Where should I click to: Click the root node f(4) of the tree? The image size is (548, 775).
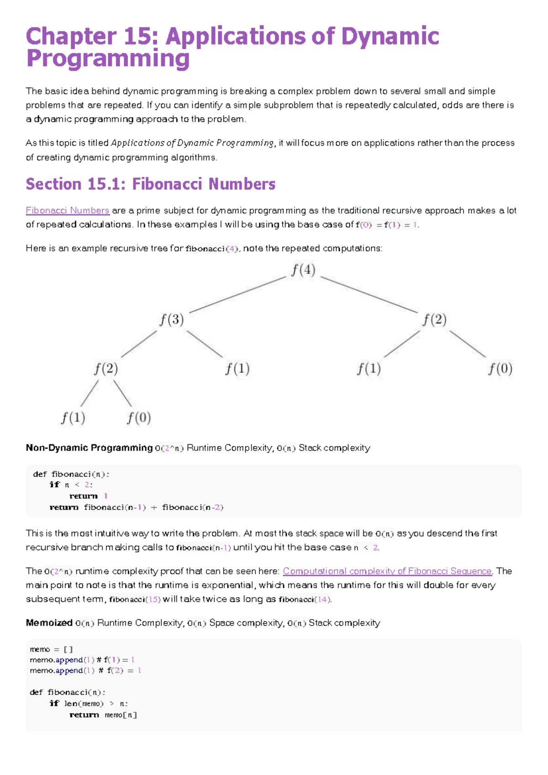click(x=303, y=270)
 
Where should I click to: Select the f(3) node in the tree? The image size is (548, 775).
click(x=172, y=319)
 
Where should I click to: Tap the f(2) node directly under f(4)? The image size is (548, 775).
click(x=434, y=319)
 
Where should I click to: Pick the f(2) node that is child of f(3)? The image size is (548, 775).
click(x=106, y=368)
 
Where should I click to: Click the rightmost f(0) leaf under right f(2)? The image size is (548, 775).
click(x=500, y=368)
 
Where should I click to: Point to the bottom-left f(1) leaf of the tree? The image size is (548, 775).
click(x=73, y=418)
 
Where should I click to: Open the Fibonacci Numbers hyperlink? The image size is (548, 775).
click(x=67, y=211)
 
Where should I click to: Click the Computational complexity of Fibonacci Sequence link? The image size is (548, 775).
click(x=387, y=571)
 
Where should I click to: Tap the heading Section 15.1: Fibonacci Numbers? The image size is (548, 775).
click(x=151, y=184)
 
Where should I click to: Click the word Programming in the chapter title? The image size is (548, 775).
click(x=108, y=59)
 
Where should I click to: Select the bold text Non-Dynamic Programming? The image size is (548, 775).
click(x=89, y=448)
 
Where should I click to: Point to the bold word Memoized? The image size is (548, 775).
click(x=49, y=623)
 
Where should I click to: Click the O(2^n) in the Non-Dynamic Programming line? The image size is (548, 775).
click(x=169, y=448)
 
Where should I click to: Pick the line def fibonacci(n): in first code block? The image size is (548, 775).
click(x=71, y=474)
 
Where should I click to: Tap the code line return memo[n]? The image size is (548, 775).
click(x=103, y=715)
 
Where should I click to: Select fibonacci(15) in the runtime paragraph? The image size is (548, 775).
click(x=135, y=600)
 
